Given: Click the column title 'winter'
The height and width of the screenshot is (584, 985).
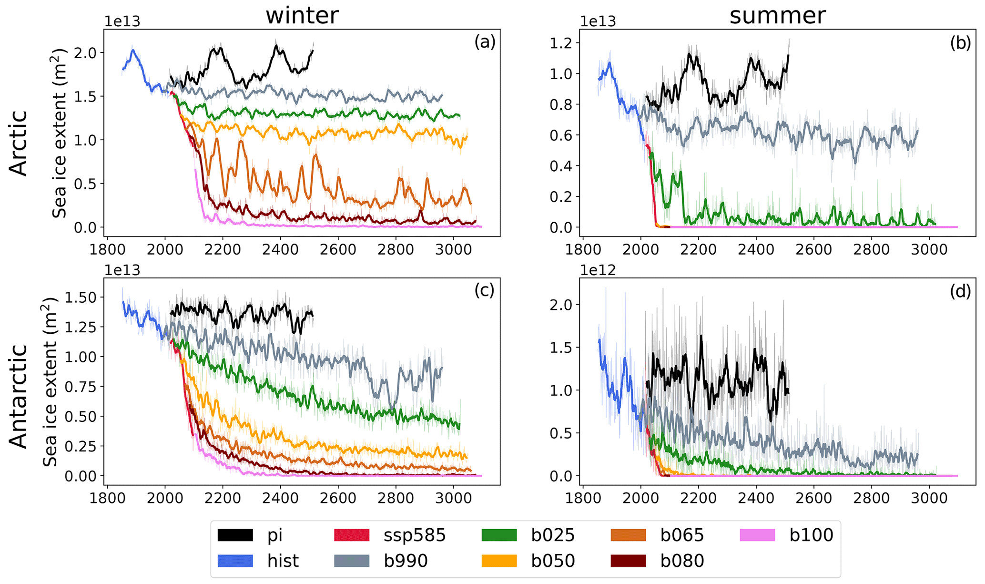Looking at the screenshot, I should [302, 16].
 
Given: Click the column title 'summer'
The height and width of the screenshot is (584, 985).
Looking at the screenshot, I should [777, 16].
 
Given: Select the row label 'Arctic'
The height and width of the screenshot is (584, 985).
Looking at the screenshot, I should [19, 143].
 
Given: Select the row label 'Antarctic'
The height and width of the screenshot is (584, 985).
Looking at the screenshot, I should [19, 397].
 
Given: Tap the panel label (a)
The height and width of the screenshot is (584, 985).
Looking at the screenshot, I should [485, 42].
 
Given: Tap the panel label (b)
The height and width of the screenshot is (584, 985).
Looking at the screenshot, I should [960, 43].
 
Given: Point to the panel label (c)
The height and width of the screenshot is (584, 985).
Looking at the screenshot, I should [484, 290].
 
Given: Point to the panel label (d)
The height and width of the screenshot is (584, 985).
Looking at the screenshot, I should [960, 291].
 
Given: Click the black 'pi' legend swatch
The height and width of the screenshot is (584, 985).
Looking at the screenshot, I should [235, 535].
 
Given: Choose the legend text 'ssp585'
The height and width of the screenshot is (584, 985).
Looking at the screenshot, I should [415, 535].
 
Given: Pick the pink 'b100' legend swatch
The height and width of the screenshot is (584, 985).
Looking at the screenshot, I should [758, 535].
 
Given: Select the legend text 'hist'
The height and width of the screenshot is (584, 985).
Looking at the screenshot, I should [283, 561].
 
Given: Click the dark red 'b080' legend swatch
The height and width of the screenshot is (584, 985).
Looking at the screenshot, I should [628, 561].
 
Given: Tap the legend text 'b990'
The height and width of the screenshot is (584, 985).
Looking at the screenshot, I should [406, 561].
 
